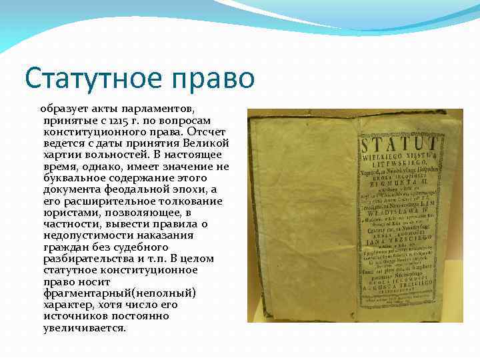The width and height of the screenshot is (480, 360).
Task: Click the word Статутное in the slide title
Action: pos(91,79)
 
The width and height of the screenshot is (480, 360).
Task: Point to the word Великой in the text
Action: pos(208,143)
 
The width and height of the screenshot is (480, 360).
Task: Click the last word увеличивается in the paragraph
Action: pos(84,327)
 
